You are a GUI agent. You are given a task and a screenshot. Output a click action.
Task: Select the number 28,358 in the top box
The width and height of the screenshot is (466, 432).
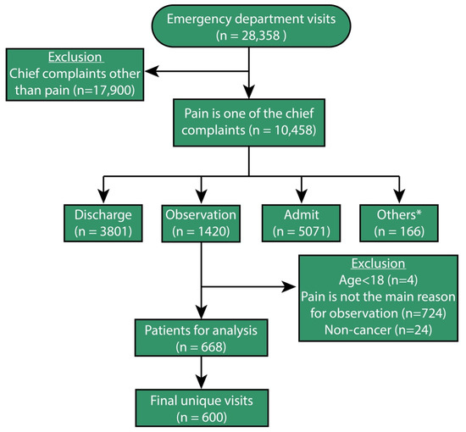[258, 37]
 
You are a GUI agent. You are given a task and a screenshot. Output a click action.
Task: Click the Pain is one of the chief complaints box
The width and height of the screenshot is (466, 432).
[249, 120]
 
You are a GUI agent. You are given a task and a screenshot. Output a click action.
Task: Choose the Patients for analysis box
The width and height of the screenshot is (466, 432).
[202, 335]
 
